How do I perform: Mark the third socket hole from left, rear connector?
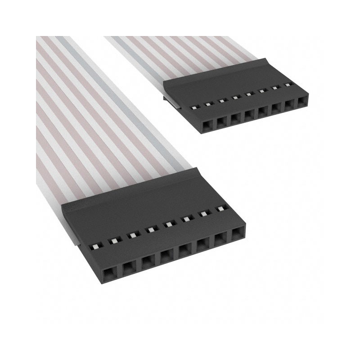(234, 118)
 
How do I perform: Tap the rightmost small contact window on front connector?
(221, 208)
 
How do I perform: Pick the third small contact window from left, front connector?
(132, 235)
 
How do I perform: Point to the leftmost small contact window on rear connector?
(194, 108)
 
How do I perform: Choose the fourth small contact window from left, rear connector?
(235, 97)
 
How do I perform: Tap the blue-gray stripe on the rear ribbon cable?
(135, 54)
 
